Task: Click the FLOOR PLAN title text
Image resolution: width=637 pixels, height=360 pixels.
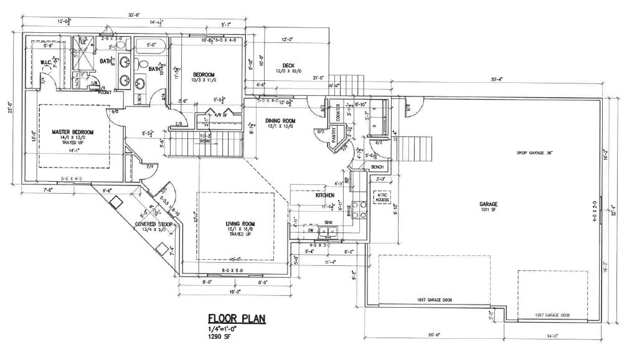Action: coord(237,318)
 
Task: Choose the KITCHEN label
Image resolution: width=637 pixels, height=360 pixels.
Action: coord(326,195)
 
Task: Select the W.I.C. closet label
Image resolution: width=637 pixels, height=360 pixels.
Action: coord(46,62)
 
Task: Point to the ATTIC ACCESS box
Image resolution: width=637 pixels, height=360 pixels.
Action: coord(380,197)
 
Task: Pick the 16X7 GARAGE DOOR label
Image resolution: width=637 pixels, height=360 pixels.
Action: coord(435,300)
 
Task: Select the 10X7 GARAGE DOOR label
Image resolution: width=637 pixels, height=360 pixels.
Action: coord(552,315)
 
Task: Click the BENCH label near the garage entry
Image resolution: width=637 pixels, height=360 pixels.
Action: coord(377,168)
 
